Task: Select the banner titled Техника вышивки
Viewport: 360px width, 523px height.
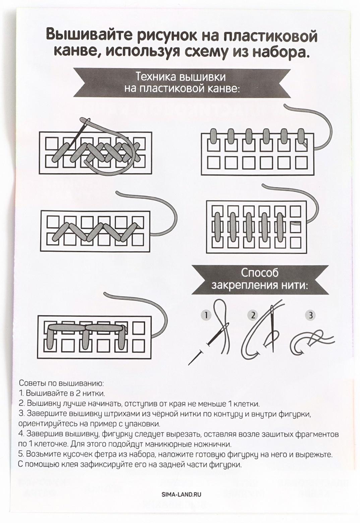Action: (x=182, y=83)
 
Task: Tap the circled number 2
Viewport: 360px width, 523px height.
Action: (x=253, y=316)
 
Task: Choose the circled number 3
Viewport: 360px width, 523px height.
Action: (x=310, y=316)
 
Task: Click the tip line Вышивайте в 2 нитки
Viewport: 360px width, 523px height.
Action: (x=62, y=393)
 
